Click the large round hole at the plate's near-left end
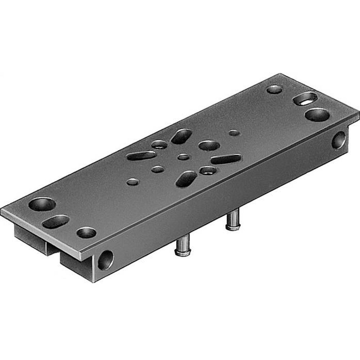[x=42, y=204]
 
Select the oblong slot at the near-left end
[x=55, y=221]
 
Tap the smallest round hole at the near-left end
[x=86, y=233]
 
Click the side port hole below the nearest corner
[x=105, y=260]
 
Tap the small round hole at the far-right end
[x=274, y=89]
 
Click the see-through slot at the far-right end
[x=305, y=98]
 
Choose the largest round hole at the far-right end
[x=317, y=115]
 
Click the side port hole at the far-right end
[x=339, y=140]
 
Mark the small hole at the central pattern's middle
[x=184, y=157]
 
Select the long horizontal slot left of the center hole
[x=141, y=156]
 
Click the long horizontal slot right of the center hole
[x=226, y=159]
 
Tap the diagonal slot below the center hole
[x=186, y=179]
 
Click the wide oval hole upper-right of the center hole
[x=209, y=145]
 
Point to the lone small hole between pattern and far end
[x=234, y=132]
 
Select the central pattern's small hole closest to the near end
[x=133, y=182]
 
